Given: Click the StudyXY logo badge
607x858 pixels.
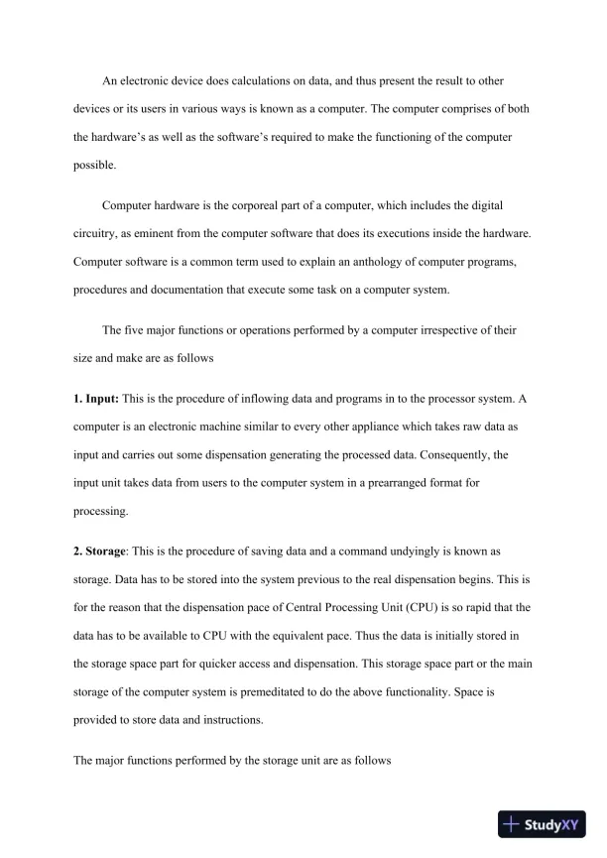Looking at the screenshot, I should pos(540,824).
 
